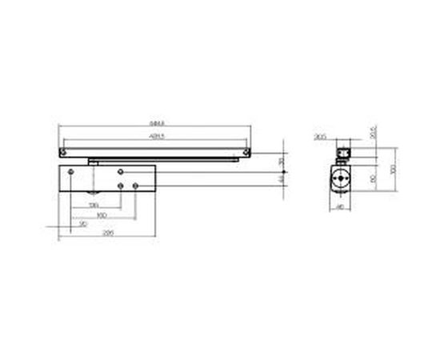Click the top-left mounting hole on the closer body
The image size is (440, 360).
(71, 172)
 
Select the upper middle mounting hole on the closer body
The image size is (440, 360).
(119, 172)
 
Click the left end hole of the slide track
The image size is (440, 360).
(62, 150)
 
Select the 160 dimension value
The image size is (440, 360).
(101, 216)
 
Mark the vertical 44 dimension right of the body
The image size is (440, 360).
(281, 180)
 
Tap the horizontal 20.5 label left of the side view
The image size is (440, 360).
(321, 137)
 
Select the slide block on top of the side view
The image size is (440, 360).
(344, 150)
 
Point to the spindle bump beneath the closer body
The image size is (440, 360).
(94, 194)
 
